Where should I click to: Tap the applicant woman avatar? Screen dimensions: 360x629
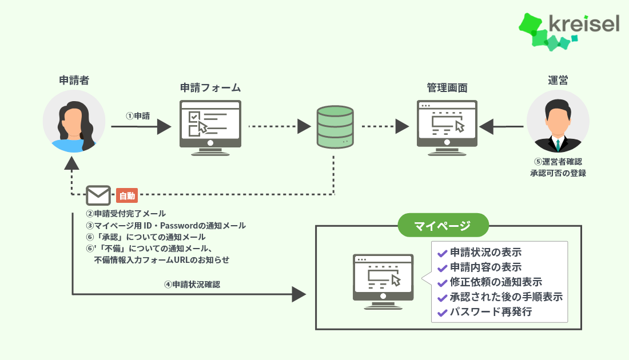tap(74, 121)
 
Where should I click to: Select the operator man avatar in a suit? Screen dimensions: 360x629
tap(558, 121)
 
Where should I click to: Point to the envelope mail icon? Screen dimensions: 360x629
tap(98, 195)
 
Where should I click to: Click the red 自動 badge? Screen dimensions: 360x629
tap(127, 195)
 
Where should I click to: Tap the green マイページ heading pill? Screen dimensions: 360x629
tap(443, 225)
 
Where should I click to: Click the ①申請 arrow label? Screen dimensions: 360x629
tap(138, 115)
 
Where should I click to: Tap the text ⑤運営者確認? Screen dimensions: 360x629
tap(558, 162)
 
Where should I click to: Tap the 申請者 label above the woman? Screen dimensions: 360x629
tap(74, 80)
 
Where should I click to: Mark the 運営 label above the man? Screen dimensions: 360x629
tap(558, 80)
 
